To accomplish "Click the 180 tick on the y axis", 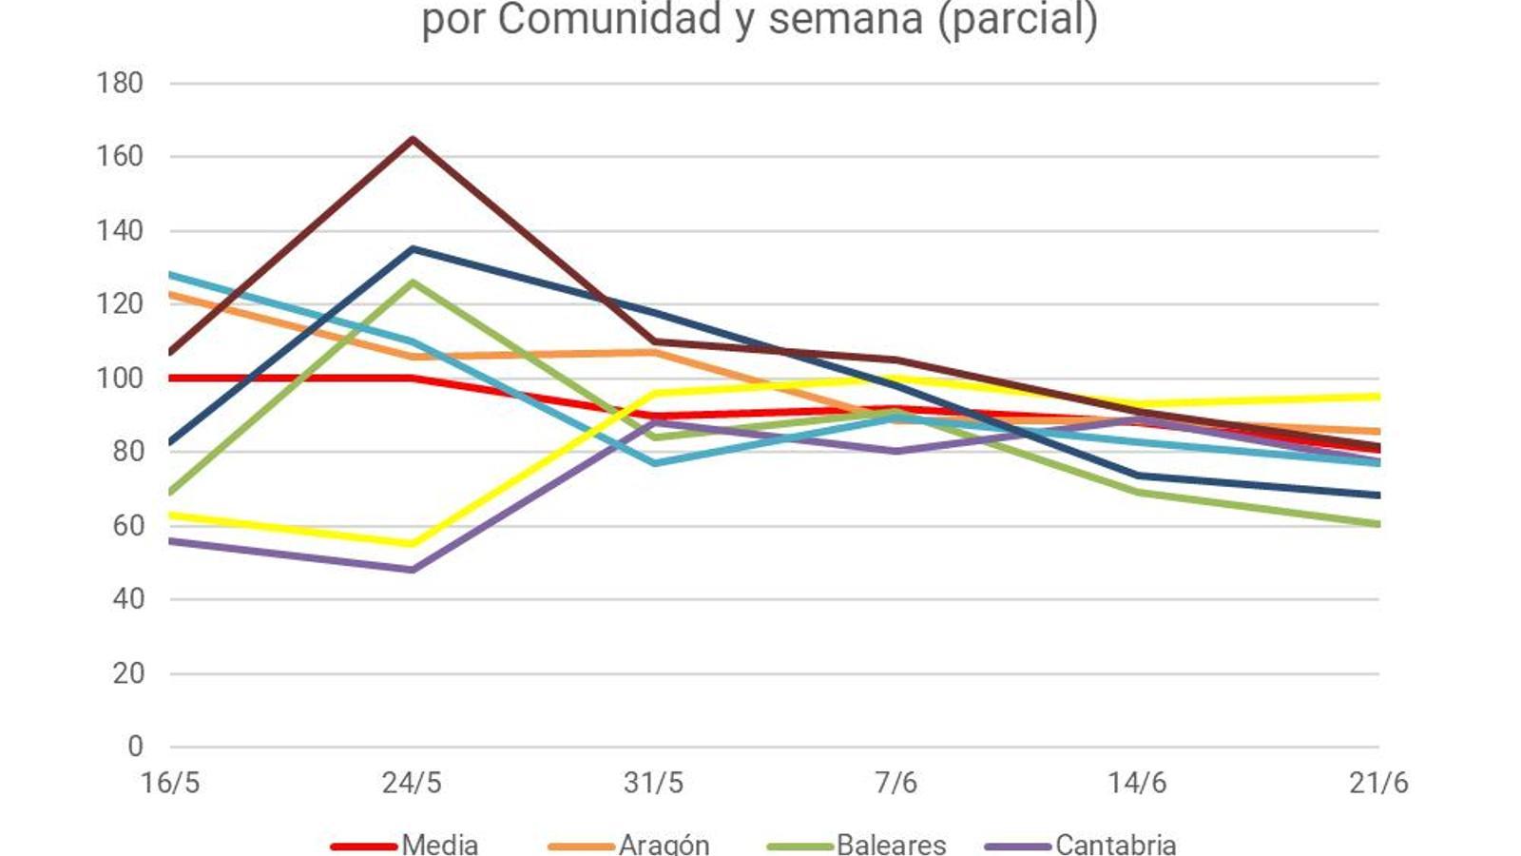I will click(120, 84).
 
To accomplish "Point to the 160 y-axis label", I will click(120, 157).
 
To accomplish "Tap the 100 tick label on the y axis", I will click(120, 379).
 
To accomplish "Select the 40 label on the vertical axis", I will click(127, 599).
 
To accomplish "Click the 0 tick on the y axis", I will click(135, 747).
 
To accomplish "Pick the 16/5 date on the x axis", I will click(170, 783).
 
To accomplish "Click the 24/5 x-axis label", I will click(412, 783).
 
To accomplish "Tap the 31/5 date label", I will click(654, 783).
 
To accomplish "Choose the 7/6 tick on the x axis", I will click(895, 783).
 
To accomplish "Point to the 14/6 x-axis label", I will click(1137, 783).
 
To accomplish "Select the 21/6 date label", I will click(1378, 783).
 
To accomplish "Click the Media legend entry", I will click(439, 844).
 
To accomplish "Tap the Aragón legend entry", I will click(664, 844).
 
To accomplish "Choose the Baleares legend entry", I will click(891, 844).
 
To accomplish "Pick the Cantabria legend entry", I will click(1115, 844).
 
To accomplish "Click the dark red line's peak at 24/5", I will click(413, 140).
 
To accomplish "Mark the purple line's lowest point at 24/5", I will click(413, 570).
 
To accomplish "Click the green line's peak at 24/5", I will click(413, 282).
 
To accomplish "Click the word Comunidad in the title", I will click(609, 19).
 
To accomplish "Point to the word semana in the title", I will click(846, 19).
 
